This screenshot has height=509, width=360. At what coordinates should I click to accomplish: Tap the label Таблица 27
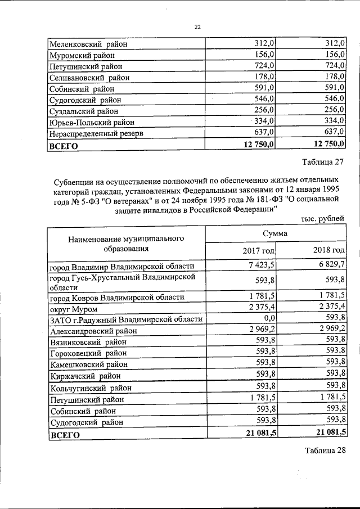point(322,164)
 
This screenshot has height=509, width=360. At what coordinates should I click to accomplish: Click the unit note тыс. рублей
point(323,219)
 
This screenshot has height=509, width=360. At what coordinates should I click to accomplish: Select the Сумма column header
point(274,233)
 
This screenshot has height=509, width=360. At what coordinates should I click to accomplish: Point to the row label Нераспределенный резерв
point(96,133)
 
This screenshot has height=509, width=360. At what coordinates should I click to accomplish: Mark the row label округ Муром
point(74,309)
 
